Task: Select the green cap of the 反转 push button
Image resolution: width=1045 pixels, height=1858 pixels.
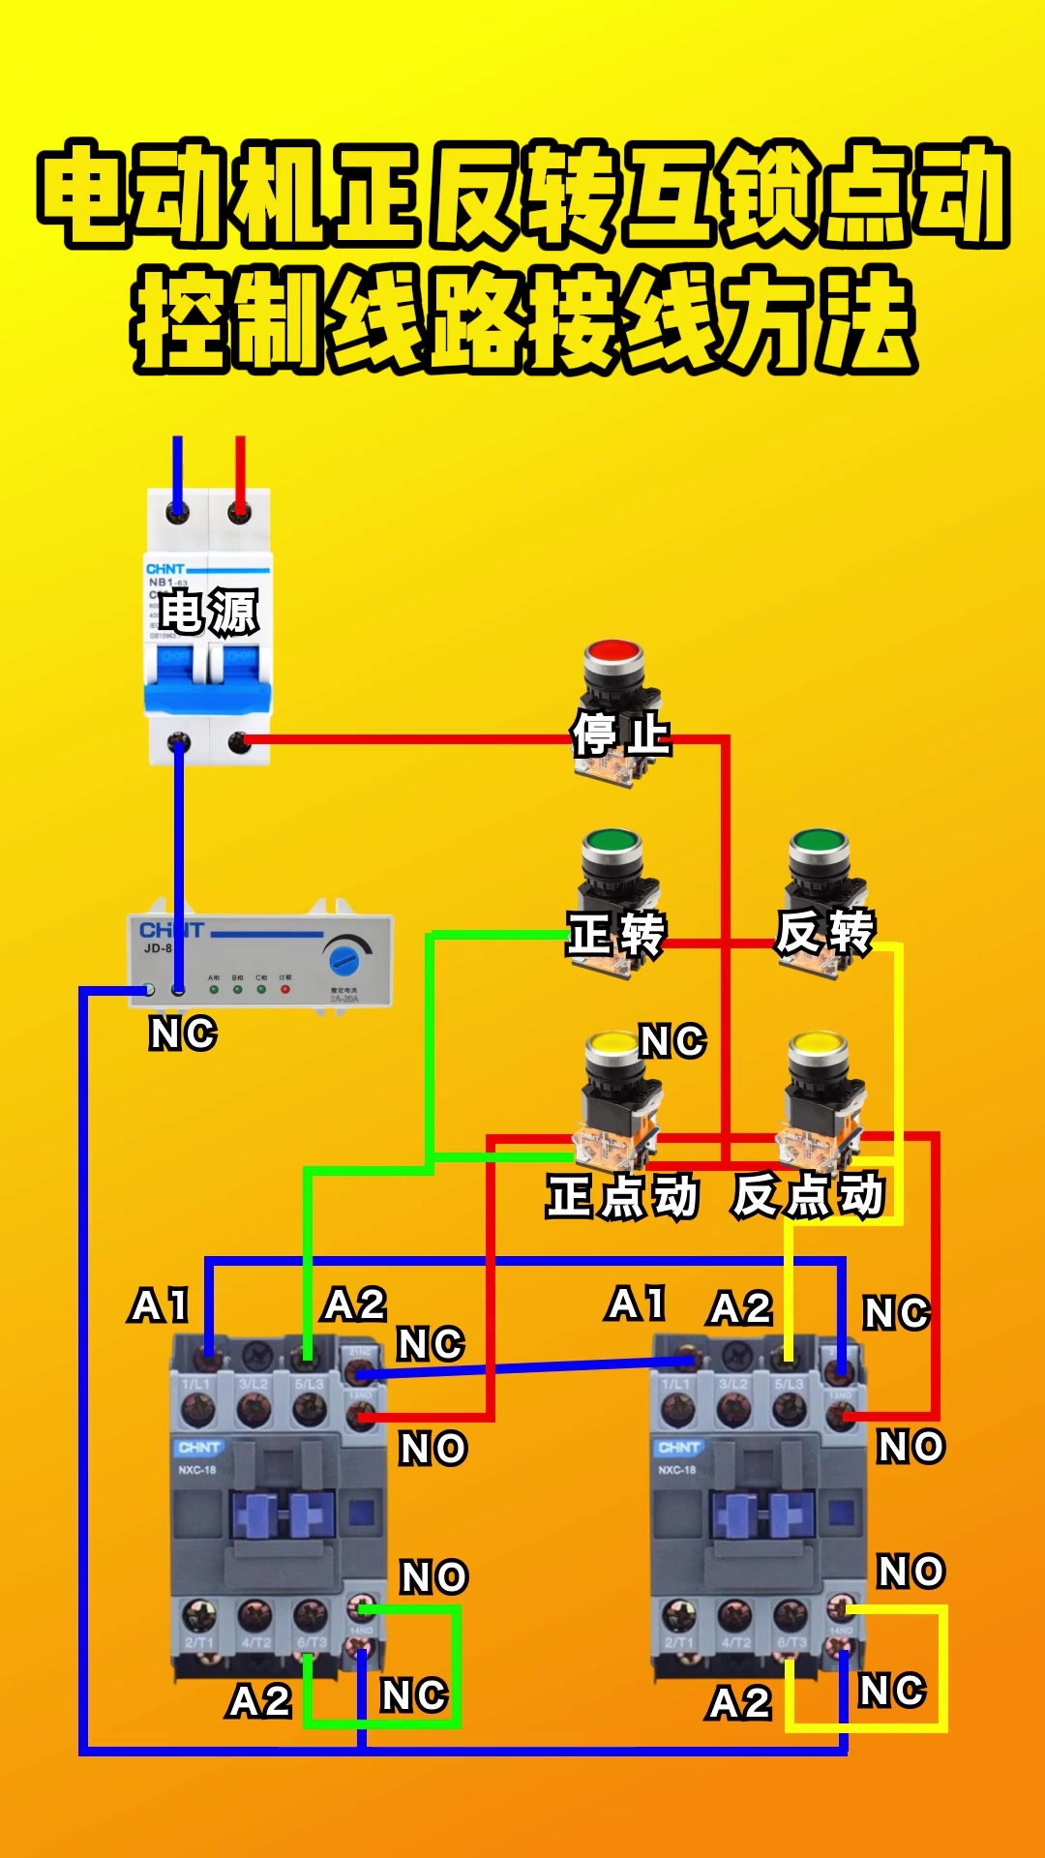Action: click(x=819, y=843)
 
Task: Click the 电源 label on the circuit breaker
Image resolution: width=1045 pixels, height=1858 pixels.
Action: click(x=208, y=612)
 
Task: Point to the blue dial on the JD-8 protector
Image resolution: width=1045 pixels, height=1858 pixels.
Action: click(x=343, y=960)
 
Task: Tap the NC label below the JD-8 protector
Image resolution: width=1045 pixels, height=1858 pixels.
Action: click(x=183, y=1034)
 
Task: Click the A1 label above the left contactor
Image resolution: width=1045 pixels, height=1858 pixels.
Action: click(x=160, y=1305)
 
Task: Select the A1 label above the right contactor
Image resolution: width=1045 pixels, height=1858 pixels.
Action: click(x=637, y=1304)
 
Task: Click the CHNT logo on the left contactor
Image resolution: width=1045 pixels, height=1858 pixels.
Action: click(x=199, y=1448)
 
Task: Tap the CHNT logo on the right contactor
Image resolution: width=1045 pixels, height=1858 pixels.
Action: click(x=678, y=1448)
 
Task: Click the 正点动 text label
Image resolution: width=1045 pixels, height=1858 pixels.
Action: click(x=622, y=1196)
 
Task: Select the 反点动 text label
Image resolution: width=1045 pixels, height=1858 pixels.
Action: click(x=808, y=1195)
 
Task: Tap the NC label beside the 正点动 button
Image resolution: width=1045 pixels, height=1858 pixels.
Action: click(x=672, y=1041)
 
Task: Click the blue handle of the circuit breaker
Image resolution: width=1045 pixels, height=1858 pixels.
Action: click(x=208, y=677)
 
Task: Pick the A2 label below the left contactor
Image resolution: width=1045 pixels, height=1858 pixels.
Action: click(x=259, y=1701)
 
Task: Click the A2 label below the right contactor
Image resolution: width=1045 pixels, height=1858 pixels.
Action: click(x=739, y=1703)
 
